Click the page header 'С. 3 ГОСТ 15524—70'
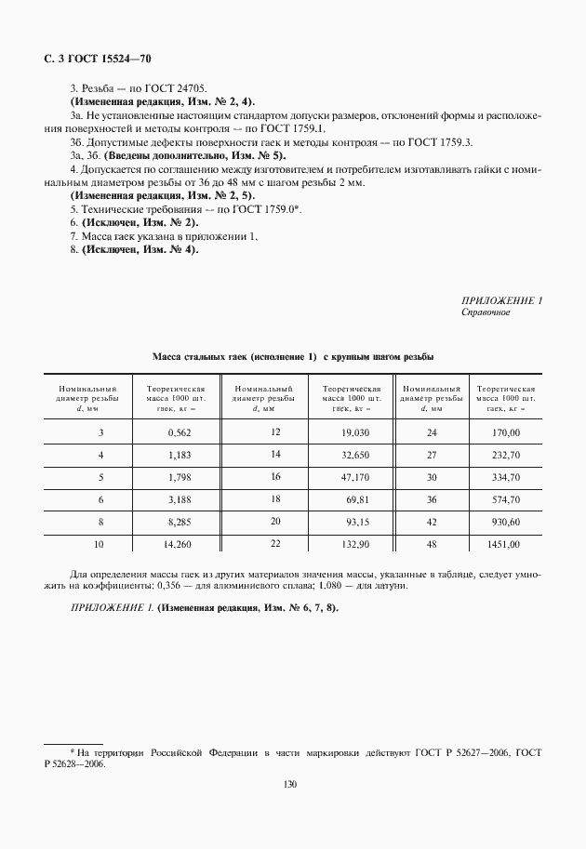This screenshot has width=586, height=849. tap(97, 59)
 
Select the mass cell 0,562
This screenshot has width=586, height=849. tap(179, 432)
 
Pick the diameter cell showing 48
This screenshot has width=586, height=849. tap(431, 544)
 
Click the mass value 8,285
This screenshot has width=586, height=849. tap(179, 523)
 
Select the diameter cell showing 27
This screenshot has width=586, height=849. tap(431, 455)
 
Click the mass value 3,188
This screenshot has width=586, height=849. tap(179, 500)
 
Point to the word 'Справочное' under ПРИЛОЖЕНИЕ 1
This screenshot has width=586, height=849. tap(486, 312)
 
